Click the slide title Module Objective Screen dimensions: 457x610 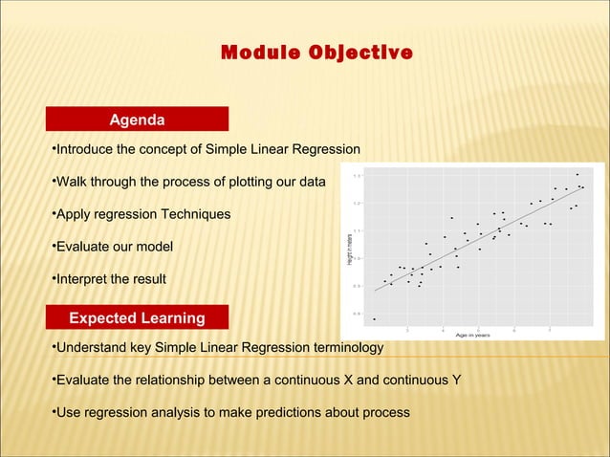[317, 51]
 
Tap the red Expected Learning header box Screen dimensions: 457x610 [137, 317]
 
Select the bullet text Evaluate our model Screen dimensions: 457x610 [113, 247]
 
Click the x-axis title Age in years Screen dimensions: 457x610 [472, 335]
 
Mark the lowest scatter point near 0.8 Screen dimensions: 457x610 [374, 319]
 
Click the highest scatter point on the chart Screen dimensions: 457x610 [577, 174]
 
